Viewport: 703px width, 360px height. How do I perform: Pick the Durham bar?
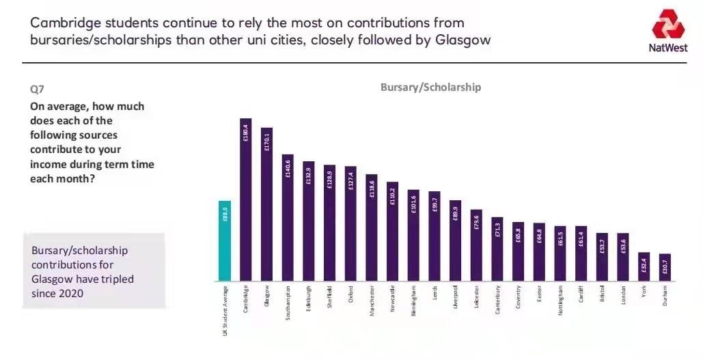coord(665,267)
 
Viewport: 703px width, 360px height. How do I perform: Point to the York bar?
coord(644,266)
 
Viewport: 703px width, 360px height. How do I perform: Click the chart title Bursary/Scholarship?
coord(430,87)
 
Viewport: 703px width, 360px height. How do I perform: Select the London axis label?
coord(623,294)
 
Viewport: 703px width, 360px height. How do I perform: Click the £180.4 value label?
coord(246,133)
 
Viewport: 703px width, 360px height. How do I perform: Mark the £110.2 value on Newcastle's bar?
coord(392,197)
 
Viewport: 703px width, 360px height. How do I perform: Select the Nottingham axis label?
coord(560,299)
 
